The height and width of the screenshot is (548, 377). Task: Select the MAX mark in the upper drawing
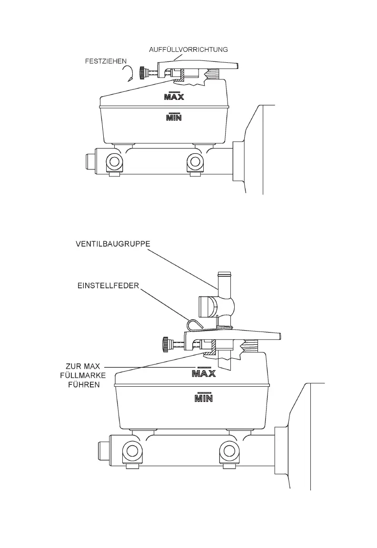pos(174,97)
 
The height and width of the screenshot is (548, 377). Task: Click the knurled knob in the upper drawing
pos(141,73)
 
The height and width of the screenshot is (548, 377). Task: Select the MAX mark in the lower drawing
pos(204,374)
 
